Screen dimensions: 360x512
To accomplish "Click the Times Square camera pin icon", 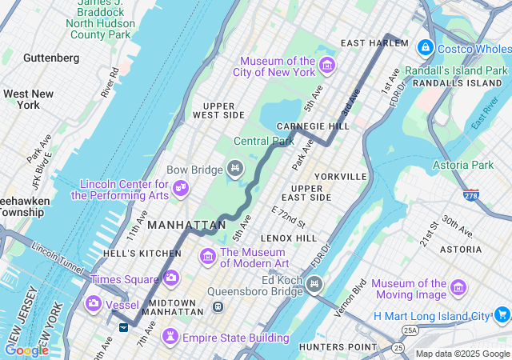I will [x=170, y=278].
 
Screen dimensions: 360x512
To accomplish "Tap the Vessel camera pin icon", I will [x=94, y=302].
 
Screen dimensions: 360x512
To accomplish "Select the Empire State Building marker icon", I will [x=171, y=338].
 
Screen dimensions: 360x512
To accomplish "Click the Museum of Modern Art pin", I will [x=208, y=256].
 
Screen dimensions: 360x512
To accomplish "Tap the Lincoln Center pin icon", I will [x=182, y=187].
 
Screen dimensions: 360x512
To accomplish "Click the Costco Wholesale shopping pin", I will [x=425, y=48].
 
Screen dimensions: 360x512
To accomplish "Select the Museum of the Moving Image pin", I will [x=458, y=287].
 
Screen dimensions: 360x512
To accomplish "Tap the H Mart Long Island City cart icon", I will [x=502, y=314].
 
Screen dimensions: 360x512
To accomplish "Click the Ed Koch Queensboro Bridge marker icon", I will [x=314, y=282].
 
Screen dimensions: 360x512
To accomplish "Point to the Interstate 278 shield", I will [x=471, y=194].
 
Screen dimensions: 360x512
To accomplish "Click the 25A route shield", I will [x=410, y=330].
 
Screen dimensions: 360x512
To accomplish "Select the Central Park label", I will [x=261, y=141].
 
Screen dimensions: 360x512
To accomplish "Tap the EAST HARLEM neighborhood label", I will [x=374, y=42].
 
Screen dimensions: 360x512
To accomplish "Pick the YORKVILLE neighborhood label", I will [x=341, y=176].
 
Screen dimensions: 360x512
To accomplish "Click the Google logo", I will [x=26, y=350].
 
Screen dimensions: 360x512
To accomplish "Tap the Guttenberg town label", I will [x=51, y=58].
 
